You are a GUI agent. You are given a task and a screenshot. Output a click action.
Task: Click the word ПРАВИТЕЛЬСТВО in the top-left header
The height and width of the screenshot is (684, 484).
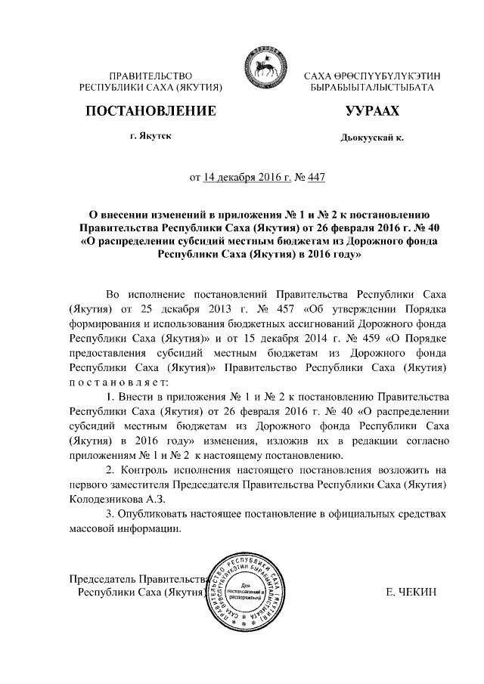tap(151, 76)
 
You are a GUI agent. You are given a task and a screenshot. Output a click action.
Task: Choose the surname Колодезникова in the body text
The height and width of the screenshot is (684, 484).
tap(104, 498)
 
